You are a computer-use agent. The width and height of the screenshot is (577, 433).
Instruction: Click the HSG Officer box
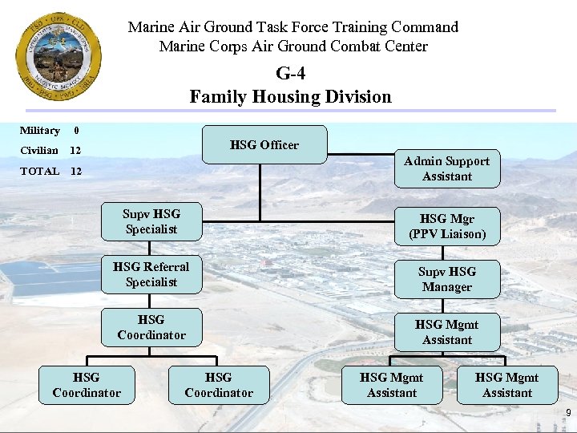264,145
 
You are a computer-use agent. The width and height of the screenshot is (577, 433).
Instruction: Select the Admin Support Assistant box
446,168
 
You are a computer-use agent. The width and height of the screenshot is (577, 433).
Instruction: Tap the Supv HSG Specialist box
151,221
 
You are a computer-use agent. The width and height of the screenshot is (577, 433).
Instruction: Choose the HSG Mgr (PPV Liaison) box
446,226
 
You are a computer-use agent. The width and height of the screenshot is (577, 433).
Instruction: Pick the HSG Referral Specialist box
151,274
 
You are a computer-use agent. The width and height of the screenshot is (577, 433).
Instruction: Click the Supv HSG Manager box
446,279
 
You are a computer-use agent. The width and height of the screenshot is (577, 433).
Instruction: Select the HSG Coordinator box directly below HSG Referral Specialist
151,327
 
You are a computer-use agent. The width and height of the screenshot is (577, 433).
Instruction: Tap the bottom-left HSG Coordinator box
87,385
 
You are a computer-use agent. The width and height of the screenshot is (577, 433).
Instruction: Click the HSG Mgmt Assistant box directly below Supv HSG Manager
446,332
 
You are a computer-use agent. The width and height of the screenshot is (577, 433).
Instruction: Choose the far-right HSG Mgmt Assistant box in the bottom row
507,385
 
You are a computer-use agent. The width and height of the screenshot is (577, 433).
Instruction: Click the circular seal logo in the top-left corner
59,55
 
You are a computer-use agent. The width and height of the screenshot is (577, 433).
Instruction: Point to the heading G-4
290,74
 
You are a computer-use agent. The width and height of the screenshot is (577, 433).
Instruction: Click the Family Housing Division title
290,97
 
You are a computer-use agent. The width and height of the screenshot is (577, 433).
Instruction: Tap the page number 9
567,414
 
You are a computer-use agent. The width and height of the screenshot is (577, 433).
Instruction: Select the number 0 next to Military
75,130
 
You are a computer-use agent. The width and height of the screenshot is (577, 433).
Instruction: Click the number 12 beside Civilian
75,150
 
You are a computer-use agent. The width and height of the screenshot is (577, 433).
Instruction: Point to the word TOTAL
40,171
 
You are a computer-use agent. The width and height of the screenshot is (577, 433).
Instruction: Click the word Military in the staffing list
40,130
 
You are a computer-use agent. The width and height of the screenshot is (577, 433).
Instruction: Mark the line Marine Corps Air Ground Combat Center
293,46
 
